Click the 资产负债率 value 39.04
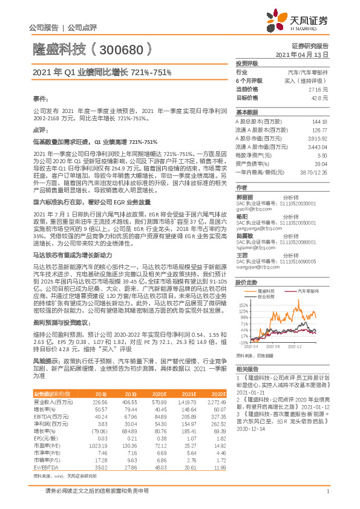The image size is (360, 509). click(319, 164)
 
